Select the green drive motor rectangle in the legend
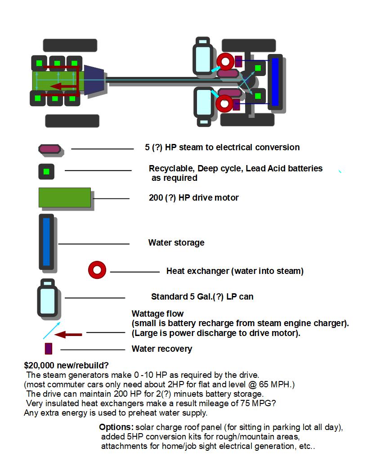[x=65, y=197]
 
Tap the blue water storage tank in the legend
[x=46, y=242]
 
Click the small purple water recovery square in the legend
[x=49, y=349]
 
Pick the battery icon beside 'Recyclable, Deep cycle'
[x=46, y=171]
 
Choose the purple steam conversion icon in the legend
[x=49, y=148]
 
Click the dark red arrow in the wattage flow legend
[x=71, y=334]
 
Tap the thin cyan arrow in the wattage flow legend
[x=51, y=331]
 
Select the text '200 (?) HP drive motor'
[x=193, y=198]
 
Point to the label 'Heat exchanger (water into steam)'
[x=235, y=271]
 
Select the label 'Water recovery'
[x=161, y=349]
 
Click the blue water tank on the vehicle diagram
[x=275, y=82]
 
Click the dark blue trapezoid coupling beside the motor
[x=94, y=81]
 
